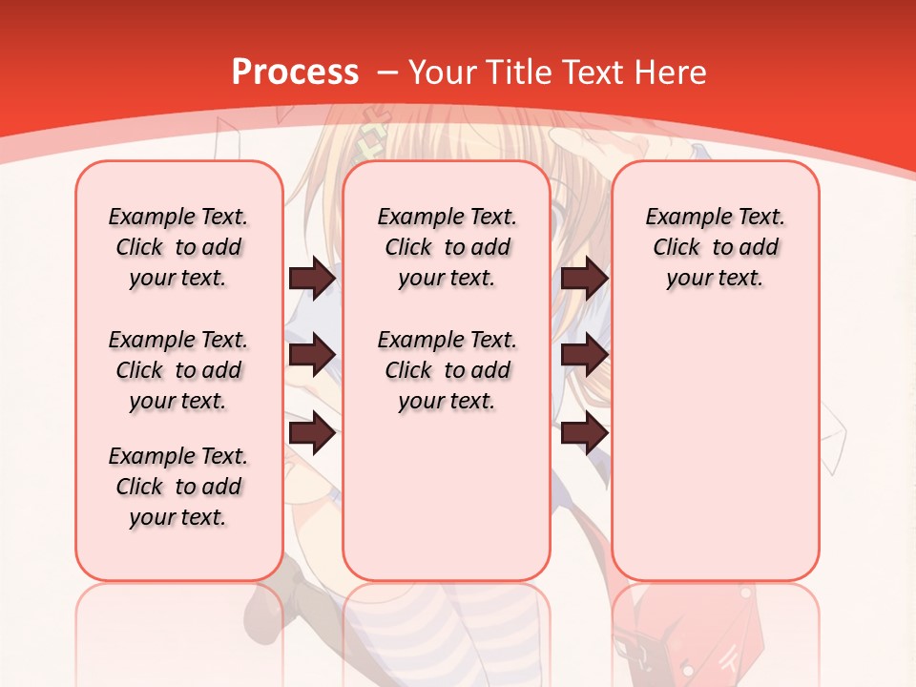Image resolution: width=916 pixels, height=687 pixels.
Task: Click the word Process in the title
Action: point(296,72)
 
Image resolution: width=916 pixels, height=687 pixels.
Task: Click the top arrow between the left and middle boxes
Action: point(312,279)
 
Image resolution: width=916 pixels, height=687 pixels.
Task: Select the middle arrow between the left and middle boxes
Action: point(312,355)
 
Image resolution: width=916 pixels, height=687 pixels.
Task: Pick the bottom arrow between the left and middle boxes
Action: point(312,434)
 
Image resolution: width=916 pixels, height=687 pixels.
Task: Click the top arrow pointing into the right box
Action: point(584,279)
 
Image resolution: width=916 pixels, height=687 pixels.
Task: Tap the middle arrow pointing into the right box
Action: point(584,355)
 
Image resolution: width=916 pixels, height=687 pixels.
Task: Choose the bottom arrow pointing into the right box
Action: point(584,432)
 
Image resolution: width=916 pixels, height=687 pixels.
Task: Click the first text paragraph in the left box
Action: point(178,247)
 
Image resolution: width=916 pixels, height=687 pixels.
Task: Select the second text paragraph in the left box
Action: point(178,370)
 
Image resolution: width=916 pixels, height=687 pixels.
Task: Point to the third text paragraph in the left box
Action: point(178,487)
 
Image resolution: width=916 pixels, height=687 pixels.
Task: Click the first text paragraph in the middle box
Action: point(447,247)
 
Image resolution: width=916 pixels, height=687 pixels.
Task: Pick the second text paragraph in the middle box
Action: point(447,370)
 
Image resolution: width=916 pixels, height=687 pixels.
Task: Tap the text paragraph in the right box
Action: point(715,247)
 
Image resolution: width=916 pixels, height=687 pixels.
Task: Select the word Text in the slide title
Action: point(588,72)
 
